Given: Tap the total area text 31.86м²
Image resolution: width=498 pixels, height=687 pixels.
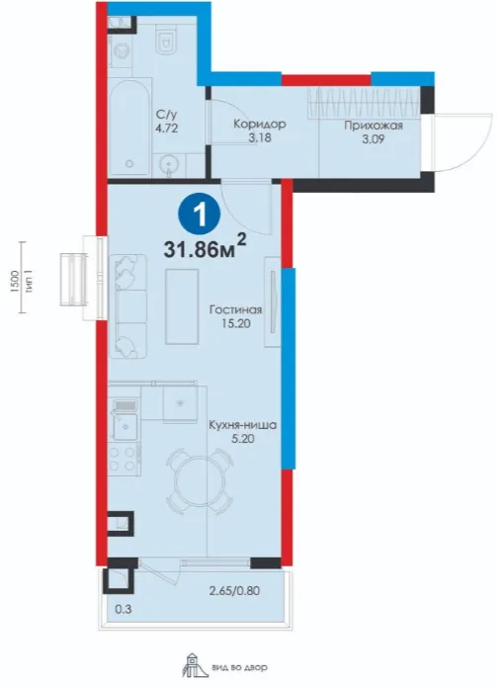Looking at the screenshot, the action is [x=205, y=248].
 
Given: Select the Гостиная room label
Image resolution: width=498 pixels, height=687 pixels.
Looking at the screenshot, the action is [x=235, y=309].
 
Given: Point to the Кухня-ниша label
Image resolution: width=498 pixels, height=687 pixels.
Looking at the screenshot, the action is [x=242, y=425].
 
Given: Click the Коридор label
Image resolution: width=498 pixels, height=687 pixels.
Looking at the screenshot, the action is [x=259, y=124].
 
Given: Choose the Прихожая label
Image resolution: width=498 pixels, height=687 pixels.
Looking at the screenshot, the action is [x=373, y=126].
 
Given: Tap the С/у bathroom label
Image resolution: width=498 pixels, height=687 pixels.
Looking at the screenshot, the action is [x=167, y=116].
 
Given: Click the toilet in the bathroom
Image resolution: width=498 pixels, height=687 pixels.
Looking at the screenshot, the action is [x=166, y=39].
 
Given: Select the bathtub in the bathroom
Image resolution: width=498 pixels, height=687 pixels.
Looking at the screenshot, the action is [x=129, y=128].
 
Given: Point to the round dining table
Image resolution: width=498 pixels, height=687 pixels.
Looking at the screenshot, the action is [x=198, y=481].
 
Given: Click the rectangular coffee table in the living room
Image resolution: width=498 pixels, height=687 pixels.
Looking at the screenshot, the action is [x=182, y=306].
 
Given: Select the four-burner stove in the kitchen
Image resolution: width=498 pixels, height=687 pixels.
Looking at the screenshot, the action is [x=124, y=460].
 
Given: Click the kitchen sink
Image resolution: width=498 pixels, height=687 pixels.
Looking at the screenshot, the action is [x=125, y=425].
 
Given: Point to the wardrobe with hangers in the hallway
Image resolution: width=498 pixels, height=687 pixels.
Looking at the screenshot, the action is [x=363, y=102].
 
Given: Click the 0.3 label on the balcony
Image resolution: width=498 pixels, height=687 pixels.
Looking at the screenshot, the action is [x=124, y=609].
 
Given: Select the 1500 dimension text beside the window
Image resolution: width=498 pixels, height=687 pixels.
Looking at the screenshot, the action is [x=16, y=282].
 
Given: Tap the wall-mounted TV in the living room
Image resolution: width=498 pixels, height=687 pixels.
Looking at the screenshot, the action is [x=272, y=302].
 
